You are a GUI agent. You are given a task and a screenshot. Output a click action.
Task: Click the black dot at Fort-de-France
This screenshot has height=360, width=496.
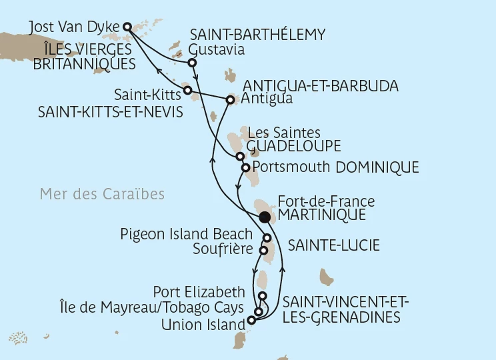click(265, 217)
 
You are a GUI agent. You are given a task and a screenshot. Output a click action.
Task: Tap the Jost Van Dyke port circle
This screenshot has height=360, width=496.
click(127, 27)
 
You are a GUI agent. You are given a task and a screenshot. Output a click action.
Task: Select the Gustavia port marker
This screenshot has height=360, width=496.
click(192, 63)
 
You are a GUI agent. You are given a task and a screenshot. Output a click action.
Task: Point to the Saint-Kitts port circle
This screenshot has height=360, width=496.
click(187, 89)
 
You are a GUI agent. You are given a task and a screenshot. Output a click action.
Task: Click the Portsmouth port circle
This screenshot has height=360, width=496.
click(246, 167)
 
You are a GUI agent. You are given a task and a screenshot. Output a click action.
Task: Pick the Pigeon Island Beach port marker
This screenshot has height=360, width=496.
click(267, 238)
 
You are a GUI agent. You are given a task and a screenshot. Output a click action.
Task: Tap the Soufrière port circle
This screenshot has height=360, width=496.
click(263, 251)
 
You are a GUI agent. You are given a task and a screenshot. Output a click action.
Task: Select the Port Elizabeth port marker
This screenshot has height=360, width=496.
click(263, 296)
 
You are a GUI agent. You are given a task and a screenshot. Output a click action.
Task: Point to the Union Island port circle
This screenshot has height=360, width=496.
click(251, 320)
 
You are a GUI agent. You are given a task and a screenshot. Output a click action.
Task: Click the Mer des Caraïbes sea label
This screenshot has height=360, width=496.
click(102, 195)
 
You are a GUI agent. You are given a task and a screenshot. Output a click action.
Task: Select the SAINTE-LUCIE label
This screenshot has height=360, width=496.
click(333, 246)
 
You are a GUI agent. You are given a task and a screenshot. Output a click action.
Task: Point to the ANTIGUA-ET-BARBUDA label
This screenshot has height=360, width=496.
click(321, 87)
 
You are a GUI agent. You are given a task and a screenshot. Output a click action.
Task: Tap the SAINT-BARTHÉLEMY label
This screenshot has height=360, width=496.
click(257, 35)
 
